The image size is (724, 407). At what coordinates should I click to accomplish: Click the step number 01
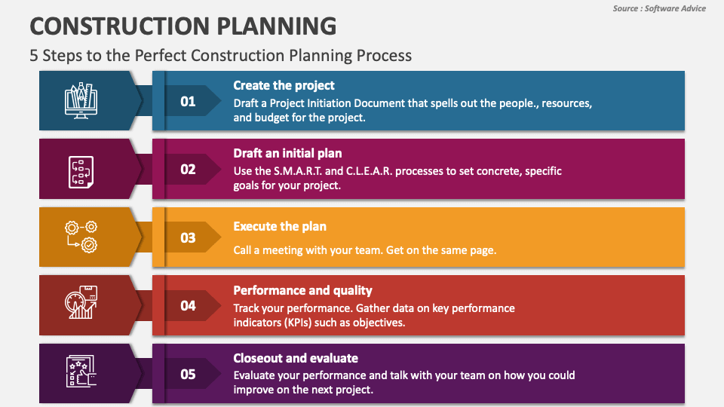188,102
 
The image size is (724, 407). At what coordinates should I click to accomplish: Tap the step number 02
188,170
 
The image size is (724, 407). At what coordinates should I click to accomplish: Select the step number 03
188,238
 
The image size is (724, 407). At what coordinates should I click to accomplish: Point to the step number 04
188,306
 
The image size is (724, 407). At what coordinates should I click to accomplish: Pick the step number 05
188,374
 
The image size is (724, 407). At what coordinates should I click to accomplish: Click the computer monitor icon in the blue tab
81,101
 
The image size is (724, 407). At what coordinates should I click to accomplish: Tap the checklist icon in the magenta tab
80,170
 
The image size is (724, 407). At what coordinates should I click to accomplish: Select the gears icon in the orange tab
81,237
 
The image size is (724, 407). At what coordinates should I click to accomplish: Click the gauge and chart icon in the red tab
79,304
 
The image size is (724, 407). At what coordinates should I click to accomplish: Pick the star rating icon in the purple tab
80,372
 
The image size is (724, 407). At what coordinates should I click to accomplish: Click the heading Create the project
284,85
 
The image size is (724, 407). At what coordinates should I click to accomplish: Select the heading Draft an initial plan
287,154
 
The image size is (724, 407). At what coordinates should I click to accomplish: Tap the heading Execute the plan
280,226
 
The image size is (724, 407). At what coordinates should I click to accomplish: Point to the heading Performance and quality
302,290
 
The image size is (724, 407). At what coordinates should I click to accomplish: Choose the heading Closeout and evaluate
296,358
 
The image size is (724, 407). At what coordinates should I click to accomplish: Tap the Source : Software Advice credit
659,8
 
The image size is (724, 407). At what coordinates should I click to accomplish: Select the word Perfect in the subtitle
159,55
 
